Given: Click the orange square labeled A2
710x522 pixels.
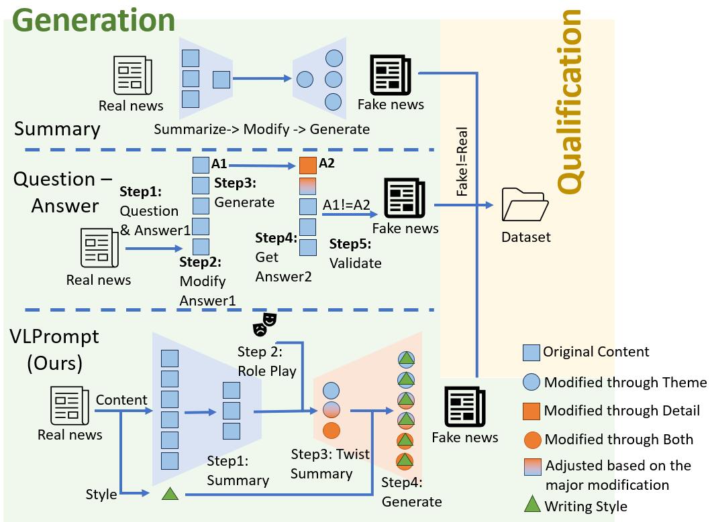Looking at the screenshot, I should pyautogui.click(x=307, y=165).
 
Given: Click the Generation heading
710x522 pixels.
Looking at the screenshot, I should pyautogui.click(x=93, y=19).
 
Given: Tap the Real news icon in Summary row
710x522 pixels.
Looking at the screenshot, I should pyautogui.click(x=131, y=75).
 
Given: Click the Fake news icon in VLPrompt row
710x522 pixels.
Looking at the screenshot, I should pyautogui.click(x=464, y=407).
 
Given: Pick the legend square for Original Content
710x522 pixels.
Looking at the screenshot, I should pyautogui.click(x=531, y=352).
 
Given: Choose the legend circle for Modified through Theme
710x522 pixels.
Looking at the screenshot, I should pyautogui.click(x=531, y=382).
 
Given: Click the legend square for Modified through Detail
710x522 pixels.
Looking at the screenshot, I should pyautogui.click(x=531, y=410).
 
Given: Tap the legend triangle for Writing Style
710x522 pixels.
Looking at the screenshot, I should pyautogui.click(x=531, y=505).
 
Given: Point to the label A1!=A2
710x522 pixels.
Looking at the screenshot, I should pyautogui.click(x=346, y=206).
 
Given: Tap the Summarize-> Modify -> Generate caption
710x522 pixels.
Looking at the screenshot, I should pyautogui.click(x=262, y=129).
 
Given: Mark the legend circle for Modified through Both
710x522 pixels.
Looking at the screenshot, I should pyautogui.click(x=531, y=440).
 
